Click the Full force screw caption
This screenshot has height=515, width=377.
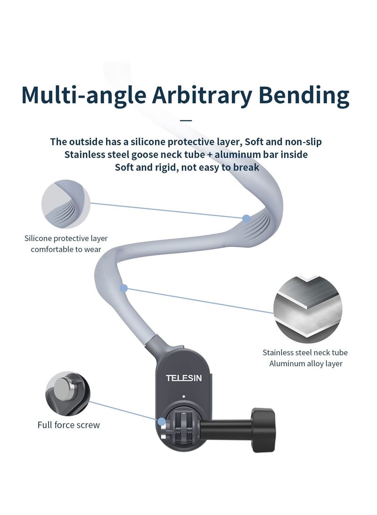click(x=69, y=425)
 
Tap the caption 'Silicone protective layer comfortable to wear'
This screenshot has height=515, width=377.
click(x=63, y=244)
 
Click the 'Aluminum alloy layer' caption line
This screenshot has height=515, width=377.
click(x=305, y=363)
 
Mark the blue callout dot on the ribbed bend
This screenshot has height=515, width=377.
click(x=246, y=219)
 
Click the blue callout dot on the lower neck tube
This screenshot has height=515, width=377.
click(x=123, y=287)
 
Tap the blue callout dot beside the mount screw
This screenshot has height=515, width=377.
click(x=162, y=422)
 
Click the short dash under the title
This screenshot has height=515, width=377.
click(x=187, y=120)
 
